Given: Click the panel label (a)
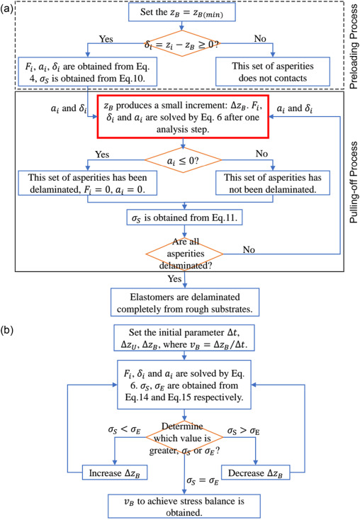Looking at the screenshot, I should coord(9,9).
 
